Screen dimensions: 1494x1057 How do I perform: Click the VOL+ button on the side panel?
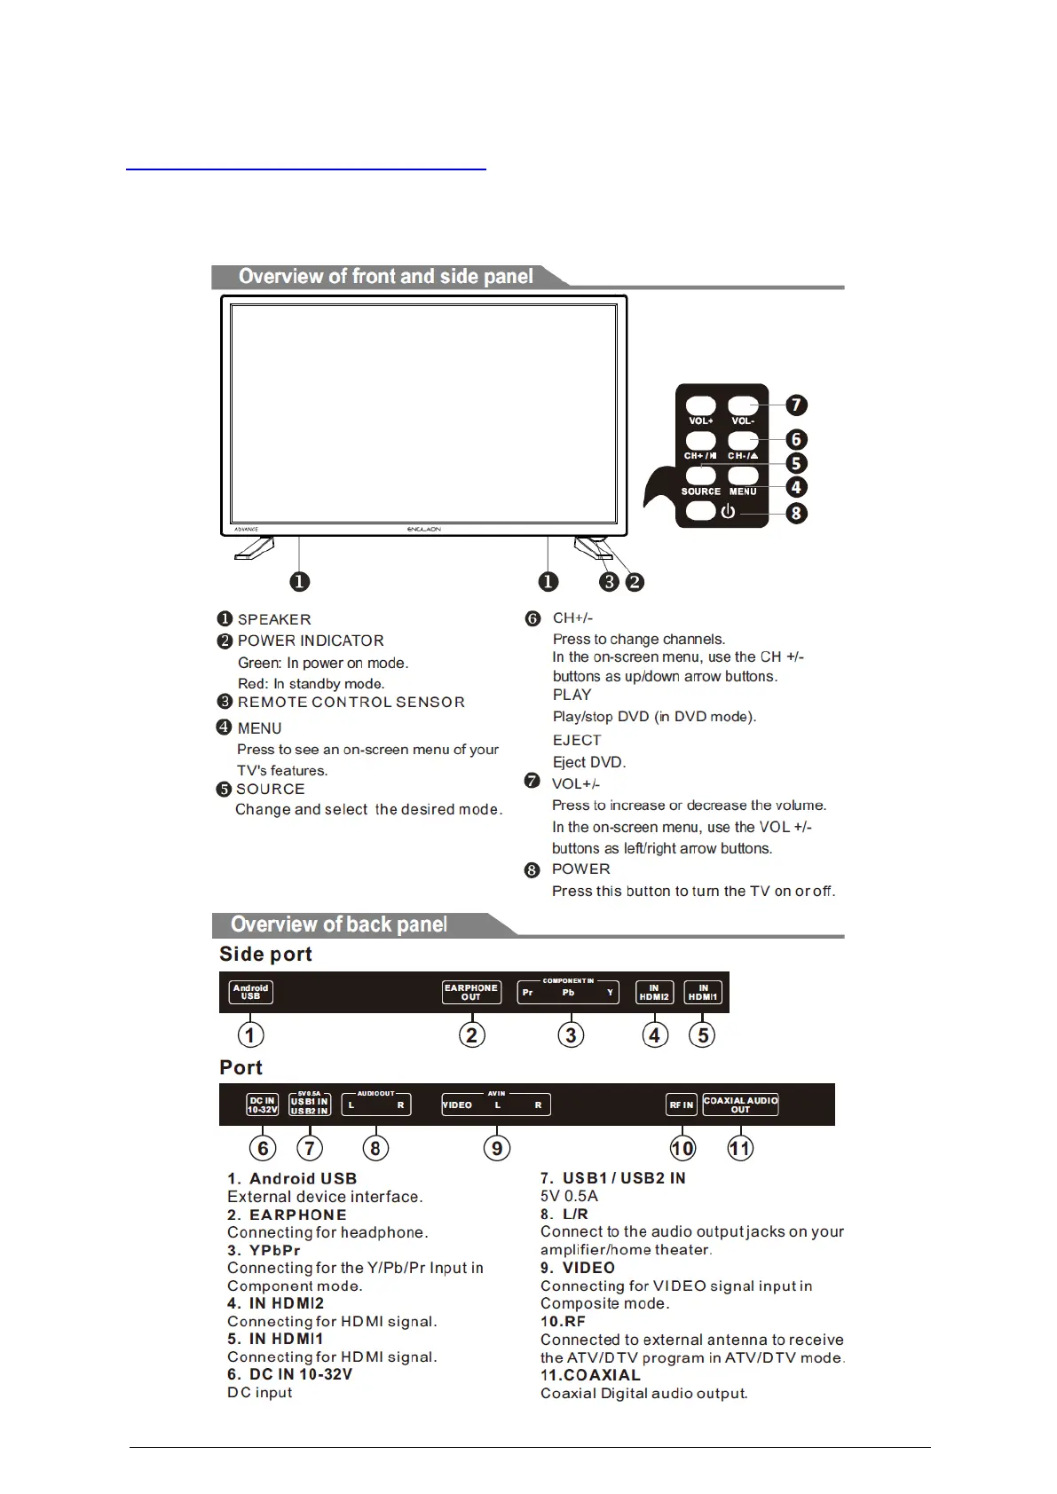tap(700, 408)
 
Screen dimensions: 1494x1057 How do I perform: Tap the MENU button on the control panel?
tap(743, 477)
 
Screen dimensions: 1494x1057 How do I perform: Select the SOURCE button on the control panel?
tap(700, 477)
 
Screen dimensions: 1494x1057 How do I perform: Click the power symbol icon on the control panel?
tap(728, 512)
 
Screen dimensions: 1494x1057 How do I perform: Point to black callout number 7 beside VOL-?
tap(796, 405)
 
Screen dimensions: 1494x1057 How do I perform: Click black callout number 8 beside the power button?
tap(796, 513)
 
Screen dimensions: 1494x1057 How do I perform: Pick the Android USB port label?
tap(250, 992)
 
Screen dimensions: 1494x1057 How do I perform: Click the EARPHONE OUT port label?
tap(471, 992)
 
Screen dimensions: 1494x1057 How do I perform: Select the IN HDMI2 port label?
tap(654, 992)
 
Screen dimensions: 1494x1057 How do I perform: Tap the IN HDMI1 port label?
tap(703, 992)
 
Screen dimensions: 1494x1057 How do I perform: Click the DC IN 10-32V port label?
tap(263, 1105)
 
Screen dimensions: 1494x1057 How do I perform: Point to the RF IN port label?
tap(682, 1105)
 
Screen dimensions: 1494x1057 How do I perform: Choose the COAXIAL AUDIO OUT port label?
tap(740, 1105)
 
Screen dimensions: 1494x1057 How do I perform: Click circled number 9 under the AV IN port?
tap(497, 1148)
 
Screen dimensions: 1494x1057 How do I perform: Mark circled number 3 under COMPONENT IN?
tap(571, 1035)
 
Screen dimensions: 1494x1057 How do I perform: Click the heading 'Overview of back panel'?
tap(338, 924)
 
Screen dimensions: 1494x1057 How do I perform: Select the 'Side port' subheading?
tap(265, 955)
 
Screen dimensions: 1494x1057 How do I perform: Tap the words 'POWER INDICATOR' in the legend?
tap(311, 641)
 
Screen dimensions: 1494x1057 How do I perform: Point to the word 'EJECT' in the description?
tap(577, 740)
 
